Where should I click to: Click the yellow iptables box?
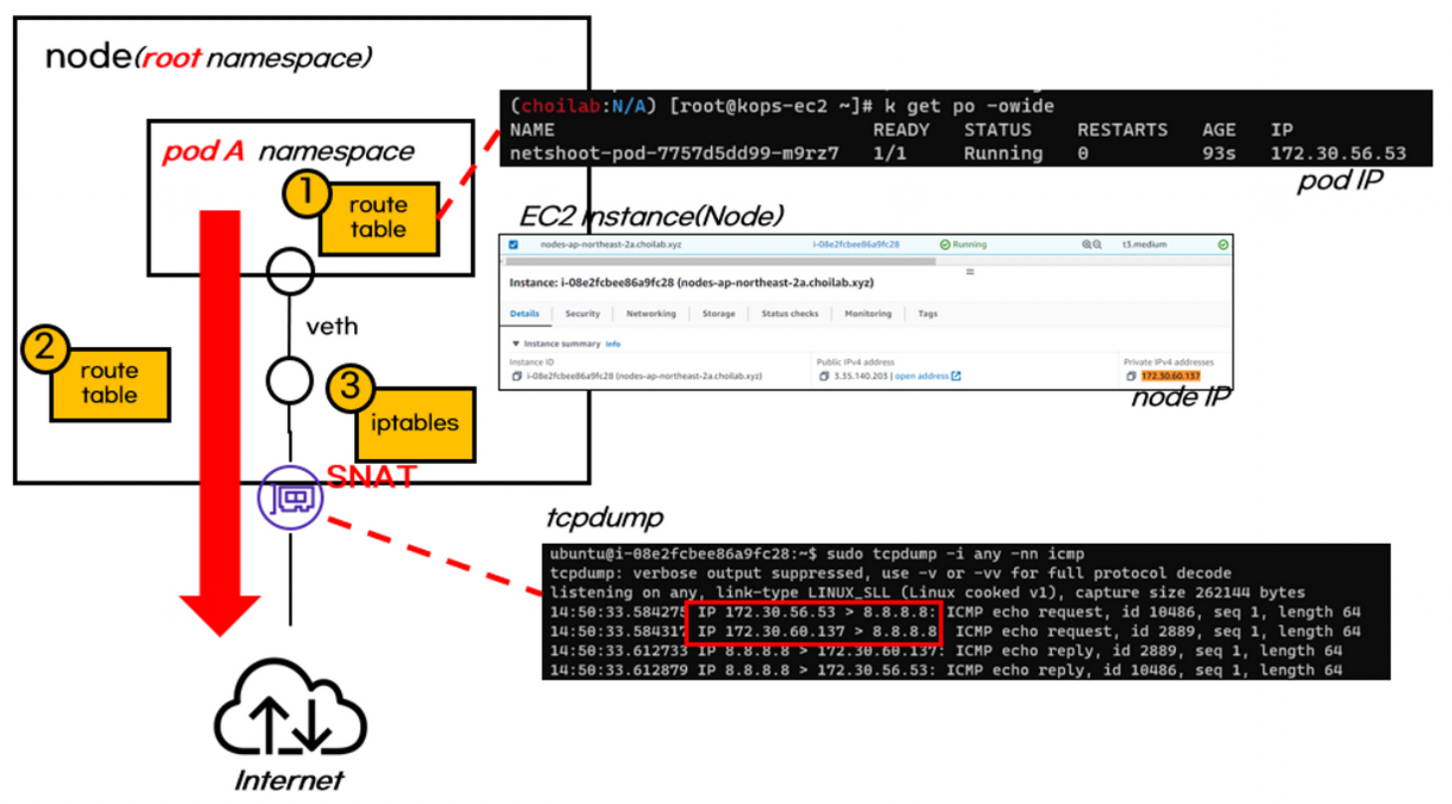415,422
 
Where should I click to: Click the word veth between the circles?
332,326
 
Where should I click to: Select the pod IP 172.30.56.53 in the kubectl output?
1338,154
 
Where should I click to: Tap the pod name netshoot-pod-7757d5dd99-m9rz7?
673,154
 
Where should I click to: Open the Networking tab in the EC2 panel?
650,313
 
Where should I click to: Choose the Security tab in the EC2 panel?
582,313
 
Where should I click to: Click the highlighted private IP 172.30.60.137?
1171,376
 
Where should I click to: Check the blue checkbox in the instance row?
514,244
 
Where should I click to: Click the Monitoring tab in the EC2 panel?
868,313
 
